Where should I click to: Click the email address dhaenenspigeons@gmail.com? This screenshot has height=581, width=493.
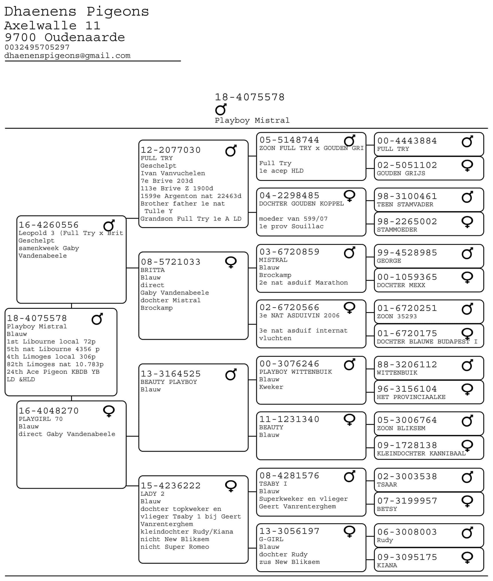pyautogui.click(x=67, y=56)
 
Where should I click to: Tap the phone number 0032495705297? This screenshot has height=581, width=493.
pyautogui.click(x=37, y=47)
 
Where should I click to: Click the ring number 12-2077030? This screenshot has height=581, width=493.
pyautogui.click(x=171, y=150)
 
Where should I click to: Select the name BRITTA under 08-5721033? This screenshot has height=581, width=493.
pyautogui.click(x=152, y=270)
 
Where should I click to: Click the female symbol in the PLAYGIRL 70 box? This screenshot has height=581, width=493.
pyautogui.click(x=109, y=411)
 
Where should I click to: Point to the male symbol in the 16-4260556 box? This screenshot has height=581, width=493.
pyautogui.click(x=109, y=226)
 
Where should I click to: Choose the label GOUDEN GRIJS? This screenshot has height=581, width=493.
pyautogui.click(x=401, y=173)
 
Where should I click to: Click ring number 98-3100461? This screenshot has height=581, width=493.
pyautogui.click(x=407, y=196)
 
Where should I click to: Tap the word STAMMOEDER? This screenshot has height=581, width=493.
pyautogui.click(x=397, y=230)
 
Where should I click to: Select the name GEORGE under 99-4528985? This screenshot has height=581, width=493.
pyautogui.click(x=389, y=261)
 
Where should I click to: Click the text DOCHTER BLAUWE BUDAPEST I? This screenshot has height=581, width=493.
pyautogui.click(x=427, y=342)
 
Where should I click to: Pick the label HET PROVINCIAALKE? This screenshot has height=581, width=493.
pyautogui.click(x=411, y=397)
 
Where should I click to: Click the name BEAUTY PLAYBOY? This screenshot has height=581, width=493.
pyautogui.click(x=169, y=382)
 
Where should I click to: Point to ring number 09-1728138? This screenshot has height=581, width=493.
pyautogui.click(x=407, y=445)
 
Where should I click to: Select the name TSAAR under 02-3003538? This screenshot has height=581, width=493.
pyautogui.click(x=387, y=484)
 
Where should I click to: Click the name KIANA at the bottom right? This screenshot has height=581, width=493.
pyautogui.click(x=387, y=565)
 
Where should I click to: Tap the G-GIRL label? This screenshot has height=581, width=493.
pyautogui.click(x=271, y=539)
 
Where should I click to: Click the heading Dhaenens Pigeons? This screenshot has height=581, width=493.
pyautogui.click(x=77, y=12)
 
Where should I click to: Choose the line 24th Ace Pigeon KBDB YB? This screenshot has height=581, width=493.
pyautogui.click(x=53, y=372)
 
